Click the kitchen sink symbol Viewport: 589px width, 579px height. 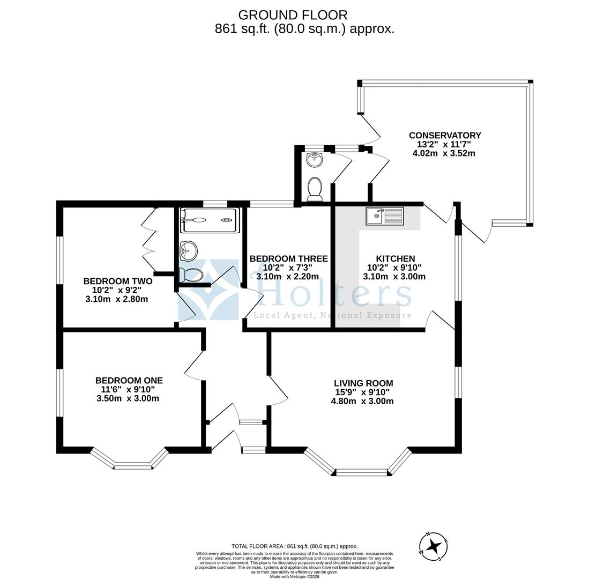[x=385, y=216]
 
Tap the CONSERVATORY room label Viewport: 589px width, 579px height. [x=445, y=136]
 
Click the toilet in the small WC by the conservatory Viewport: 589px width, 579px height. [x=315, y=189]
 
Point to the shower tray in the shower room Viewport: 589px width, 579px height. [x=208, y=220]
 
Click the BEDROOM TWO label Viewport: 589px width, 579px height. [x=118, y=281]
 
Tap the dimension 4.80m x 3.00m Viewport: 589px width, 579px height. [x=362, y=401]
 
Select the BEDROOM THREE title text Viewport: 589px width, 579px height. [x=288, y=258]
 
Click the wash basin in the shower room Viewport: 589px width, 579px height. [x=188, y=250]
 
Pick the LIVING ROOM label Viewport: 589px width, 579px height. [x=363, y=383]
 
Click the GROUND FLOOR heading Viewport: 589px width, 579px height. [x=293, y=15]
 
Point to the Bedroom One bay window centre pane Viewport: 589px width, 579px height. [x=133, y=466]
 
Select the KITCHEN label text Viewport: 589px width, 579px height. [x=395, y=258]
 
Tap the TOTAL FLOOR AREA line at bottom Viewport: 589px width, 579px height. [x=294, y=546]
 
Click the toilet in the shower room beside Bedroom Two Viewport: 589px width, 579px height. [x=191, y=275]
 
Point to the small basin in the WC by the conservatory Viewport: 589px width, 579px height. [x=315, y=159]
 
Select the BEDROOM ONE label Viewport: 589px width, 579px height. [x=129, y=381]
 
